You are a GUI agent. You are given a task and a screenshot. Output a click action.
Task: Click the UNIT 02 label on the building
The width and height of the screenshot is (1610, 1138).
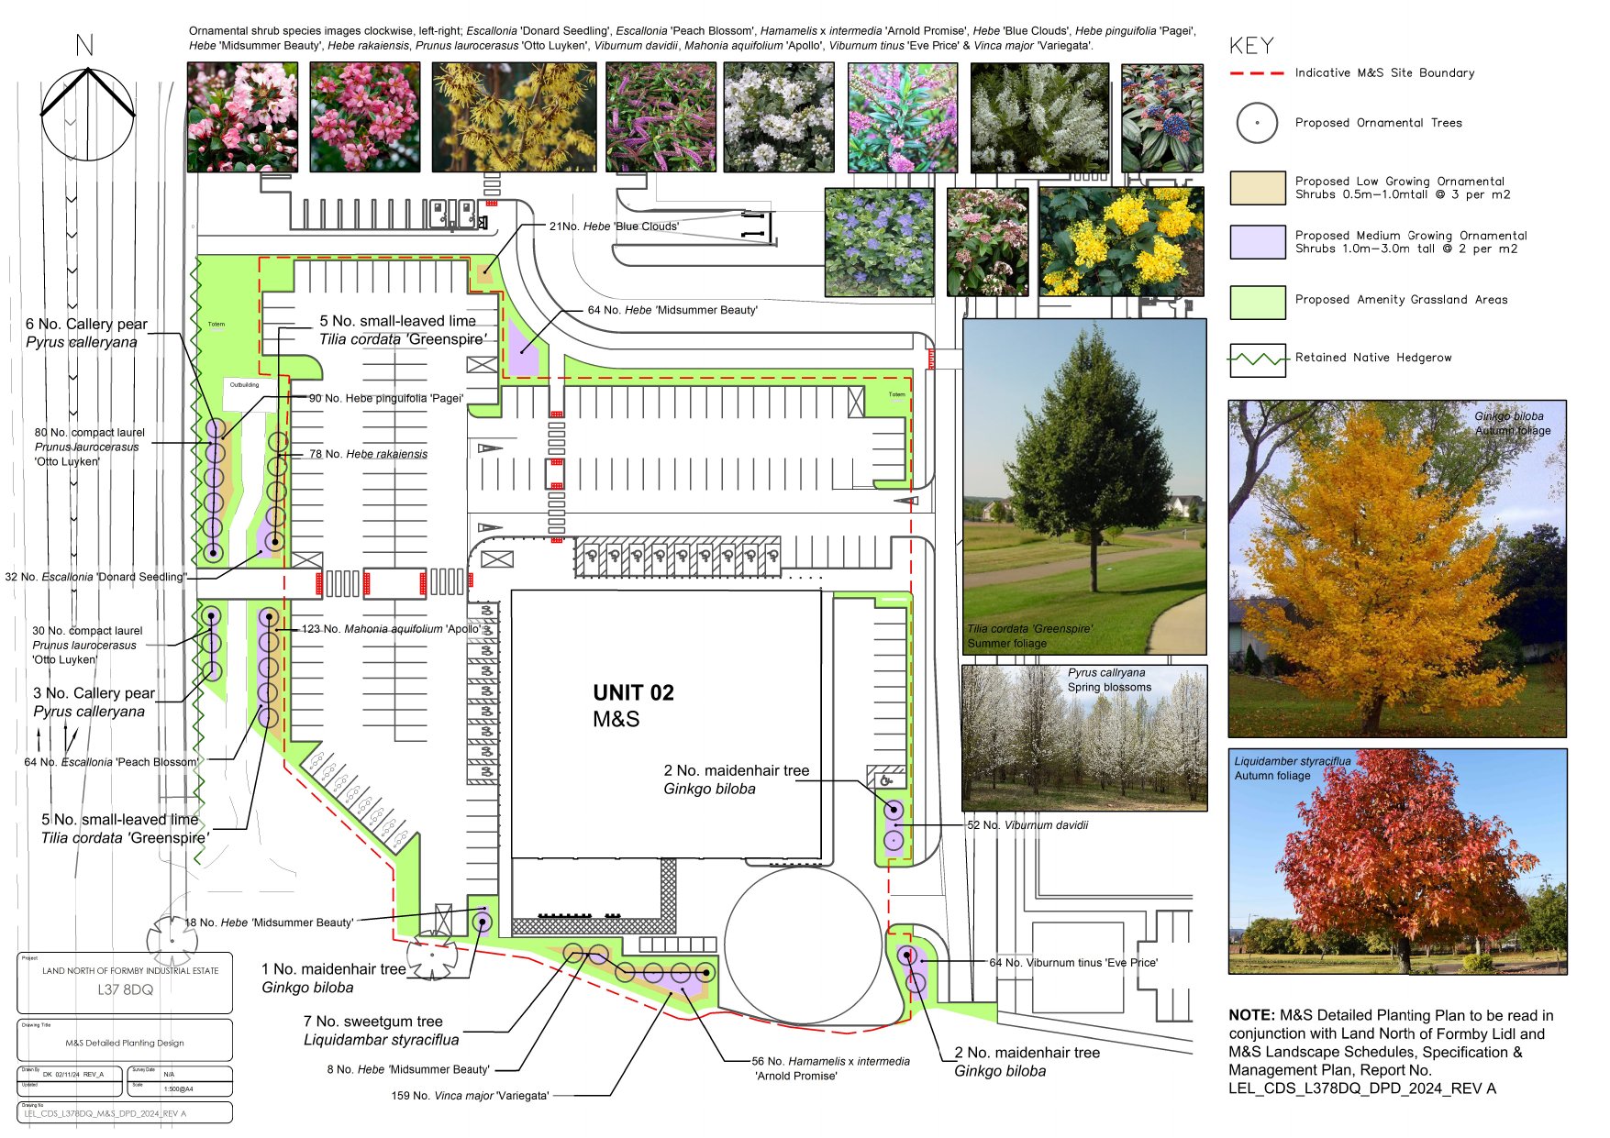633,693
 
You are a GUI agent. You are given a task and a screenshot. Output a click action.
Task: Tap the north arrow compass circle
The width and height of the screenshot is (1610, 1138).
87,115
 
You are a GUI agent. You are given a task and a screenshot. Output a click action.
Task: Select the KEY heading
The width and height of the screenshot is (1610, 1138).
1251,46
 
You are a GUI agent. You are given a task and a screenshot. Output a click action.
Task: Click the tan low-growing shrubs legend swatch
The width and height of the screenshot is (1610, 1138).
1257,188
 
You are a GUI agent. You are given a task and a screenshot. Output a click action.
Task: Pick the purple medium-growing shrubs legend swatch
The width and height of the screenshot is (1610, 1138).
1257,242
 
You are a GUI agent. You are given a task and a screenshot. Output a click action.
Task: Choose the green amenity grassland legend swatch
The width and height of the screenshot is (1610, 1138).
1257,301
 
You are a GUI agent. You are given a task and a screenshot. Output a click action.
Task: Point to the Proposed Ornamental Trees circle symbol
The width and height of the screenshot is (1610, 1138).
1257,123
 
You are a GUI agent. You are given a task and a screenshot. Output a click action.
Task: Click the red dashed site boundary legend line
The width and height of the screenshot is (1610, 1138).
1257,73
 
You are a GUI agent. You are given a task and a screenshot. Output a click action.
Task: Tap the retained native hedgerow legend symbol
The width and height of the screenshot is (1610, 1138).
1257,359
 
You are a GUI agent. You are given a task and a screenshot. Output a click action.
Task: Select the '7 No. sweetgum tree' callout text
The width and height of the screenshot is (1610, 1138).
372,1022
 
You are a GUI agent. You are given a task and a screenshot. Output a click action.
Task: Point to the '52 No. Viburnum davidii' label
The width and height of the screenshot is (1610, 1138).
1027,825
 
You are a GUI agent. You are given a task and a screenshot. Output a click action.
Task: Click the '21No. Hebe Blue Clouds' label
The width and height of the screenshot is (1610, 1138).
614,226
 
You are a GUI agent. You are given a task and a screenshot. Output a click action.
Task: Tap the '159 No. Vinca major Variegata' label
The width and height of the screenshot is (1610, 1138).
470,1096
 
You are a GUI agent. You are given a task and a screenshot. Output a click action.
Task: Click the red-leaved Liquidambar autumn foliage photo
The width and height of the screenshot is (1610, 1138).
1397,862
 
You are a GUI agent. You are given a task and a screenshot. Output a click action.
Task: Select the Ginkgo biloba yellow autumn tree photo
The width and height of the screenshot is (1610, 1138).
1396,569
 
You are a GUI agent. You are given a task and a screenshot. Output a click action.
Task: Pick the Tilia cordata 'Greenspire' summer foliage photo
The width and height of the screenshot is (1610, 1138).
1083,486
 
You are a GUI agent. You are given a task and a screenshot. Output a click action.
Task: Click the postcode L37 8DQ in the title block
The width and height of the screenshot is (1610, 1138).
126,990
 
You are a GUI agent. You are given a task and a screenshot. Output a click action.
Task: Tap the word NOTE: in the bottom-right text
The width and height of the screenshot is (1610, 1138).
1251,1015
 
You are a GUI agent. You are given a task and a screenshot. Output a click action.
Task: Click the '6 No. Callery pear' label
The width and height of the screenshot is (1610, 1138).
86,325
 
